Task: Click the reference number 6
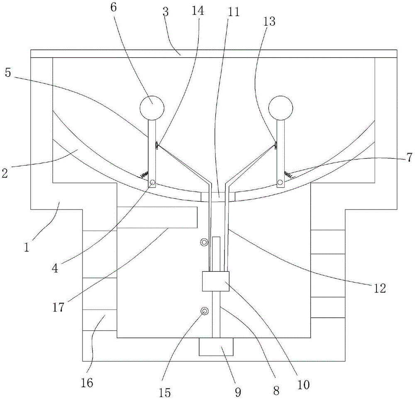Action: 113,7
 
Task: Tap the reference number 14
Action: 198,11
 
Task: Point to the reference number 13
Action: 269,22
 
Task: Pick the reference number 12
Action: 380,288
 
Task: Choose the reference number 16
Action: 87,383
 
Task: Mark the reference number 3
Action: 166,12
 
